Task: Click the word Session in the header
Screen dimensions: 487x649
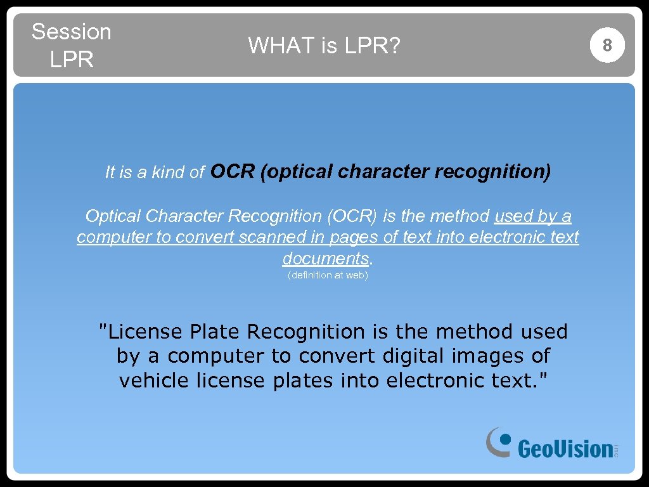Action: point(71,32)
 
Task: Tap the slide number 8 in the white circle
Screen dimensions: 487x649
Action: point(607,45)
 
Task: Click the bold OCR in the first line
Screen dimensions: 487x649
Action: point(233,171)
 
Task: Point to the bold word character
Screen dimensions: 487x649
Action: point(383,171)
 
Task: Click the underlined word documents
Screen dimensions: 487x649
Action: point(325,259)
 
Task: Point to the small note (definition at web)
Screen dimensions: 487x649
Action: point(328,275)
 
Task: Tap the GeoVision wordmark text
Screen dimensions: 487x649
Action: point(565,449)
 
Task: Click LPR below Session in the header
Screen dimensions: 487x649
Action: point(71,60)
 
